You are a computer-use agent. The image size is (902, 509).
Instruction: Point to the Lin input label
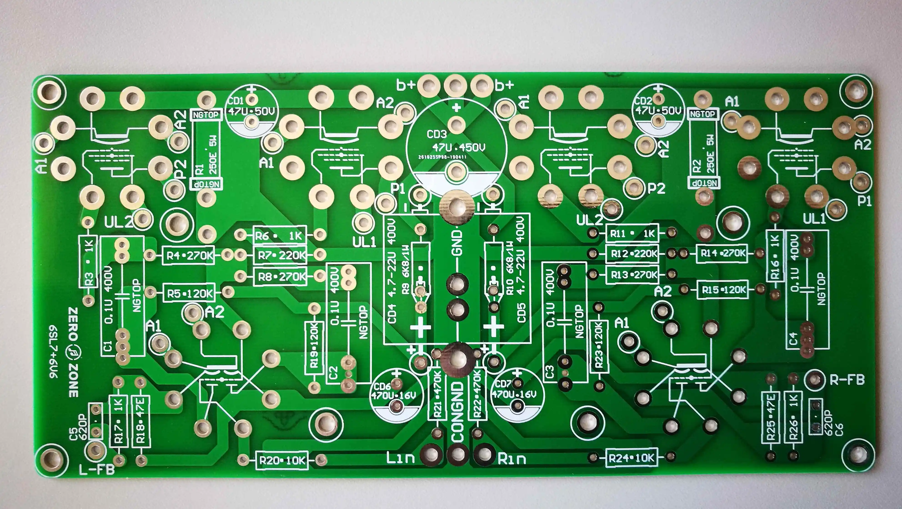point(401,457)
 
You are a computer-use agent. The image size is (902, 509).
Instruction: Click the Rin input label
point(511,458)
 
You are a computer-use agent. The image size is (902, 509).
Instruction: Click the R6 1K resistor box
point(279,236)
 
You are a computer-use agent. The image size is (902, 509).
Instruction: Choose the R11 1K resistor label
point(632,234)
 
